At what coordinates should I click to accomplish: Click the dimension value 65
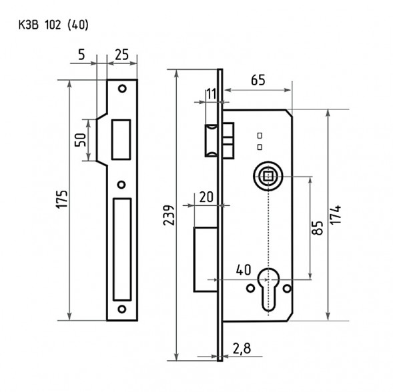coord(258,80)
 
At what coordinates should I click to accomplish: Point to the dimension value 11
coord(212,93)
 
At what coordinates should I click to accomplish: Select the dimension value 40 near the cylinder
coord(244,270)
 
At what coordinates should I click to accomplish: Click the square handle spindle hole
coord(267,177)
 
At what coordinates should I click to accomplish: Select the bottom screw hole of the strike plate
coord(121,308)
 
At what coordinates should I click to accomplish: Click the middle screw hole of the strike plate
coord(121,185)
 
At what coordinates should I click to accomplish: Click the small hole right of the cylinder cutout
coord(287,289)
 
